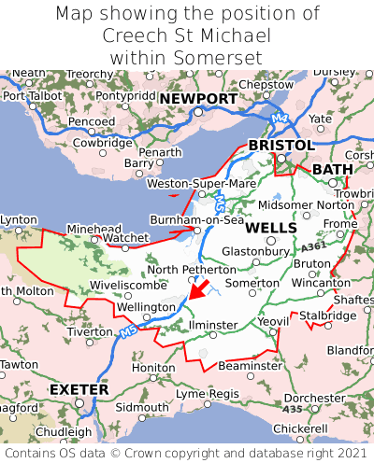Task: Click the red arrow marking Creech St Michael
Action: [x=197, y=282]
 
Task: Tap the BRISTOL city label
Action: [x=280, y=146]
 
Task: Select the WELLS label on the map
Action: [x=271, y=228]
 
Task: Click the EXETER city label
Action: [x=79, y=388]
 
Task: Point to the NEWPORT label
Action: [x=198, y=99]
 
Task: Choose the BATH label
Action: [x=333, y=169]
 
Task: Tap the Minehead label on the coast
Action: [x=93, y=228]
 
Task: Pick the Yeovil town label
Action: [x=273, y=321]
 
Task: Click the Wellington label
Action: [x=146, y=306]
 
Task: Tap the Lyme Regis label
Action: [x=208, y=394]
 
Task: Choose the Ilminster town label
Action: [x=212, y=324]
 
